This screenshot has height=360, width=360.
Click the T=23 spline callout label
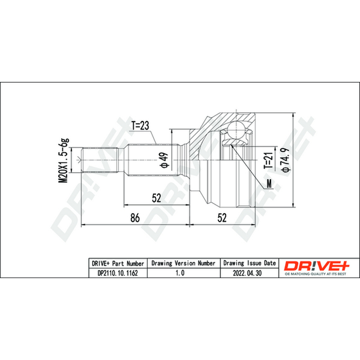coord(140,126)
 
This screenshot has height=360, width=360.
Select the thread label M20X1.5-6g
coord(63,161)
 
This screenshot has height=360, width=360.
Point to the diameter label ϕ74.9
coord(286,160)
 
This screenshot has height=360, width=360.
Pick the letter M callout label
coord(269,184)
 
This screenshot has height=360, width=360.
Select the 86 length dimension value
coord(135,218)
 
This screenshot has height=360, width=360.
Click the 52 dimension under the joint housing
coord(222,218)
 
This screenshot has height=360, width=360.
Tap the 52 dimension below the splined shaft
coord(157,198)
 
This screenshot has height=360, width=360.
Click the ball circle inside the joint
coord(236,130)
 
